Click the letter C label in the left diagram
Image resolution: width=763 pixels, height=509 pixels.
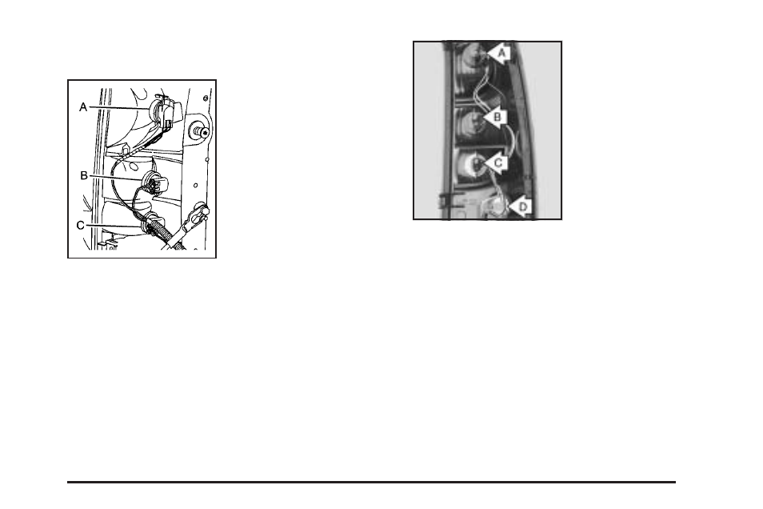81,226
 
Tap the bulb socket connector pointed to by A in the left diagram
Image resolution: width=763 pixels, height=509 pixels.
166,114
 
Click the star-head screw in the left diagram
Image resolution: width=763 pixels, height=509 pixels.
197,130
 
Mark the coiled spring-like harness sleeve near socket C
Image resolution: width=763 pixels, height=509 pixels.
163,237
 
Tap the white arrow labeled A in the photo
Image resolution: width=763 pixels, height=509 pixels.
498,54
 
